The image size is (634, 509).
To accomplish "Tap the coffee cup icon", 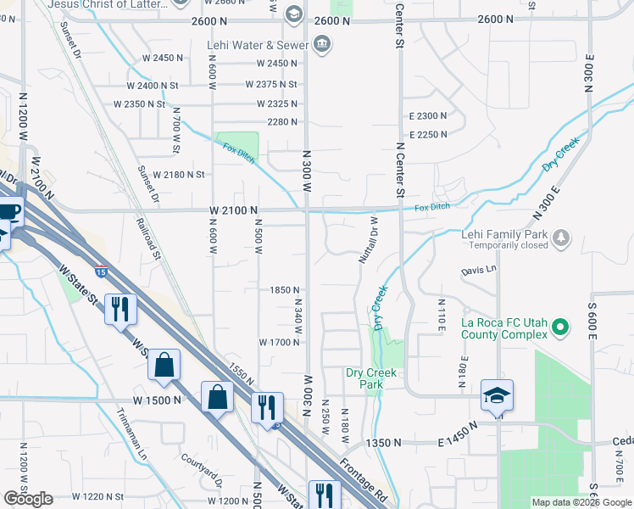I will (x=8, y=213).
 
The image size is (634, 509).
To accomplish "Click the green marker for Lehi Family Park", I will (x=559, y=235).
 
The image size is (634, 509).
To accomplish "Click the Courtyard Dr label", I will (x=201, y=470).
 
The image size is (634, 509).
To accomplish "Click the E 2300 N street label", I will (x=427, y=115).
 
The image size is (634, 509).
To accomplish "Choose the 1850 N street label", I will (x=281, y=289).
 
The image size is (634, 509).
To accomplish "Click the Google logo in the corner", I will (x=28, y=499).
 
